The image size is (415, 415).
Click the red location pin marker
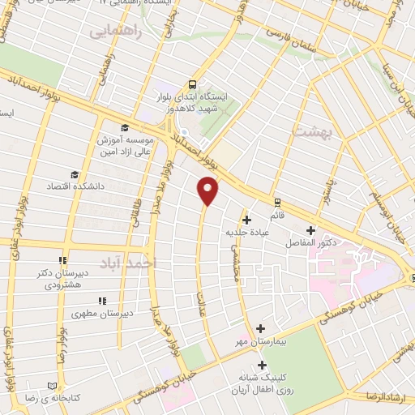(208, 190)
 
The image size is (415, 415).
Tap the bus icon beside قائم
(277, 203)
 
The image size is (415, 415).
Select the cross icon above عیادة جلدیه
(247, 220)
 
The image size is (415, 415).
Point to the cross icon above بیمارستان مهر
(261, 328)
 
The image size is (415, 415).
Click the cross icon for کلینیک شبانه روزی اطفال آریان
(261, 365)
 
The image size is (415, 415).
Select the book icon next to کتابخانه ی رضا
(53, 386)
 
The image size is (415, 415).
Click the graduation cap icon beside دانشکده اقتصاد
(75, 173)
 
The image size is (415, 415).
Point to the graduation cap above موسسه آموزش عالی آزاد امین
(123, 127)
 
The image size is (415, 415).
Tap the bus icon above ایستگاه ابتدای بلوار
(192, 83)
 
